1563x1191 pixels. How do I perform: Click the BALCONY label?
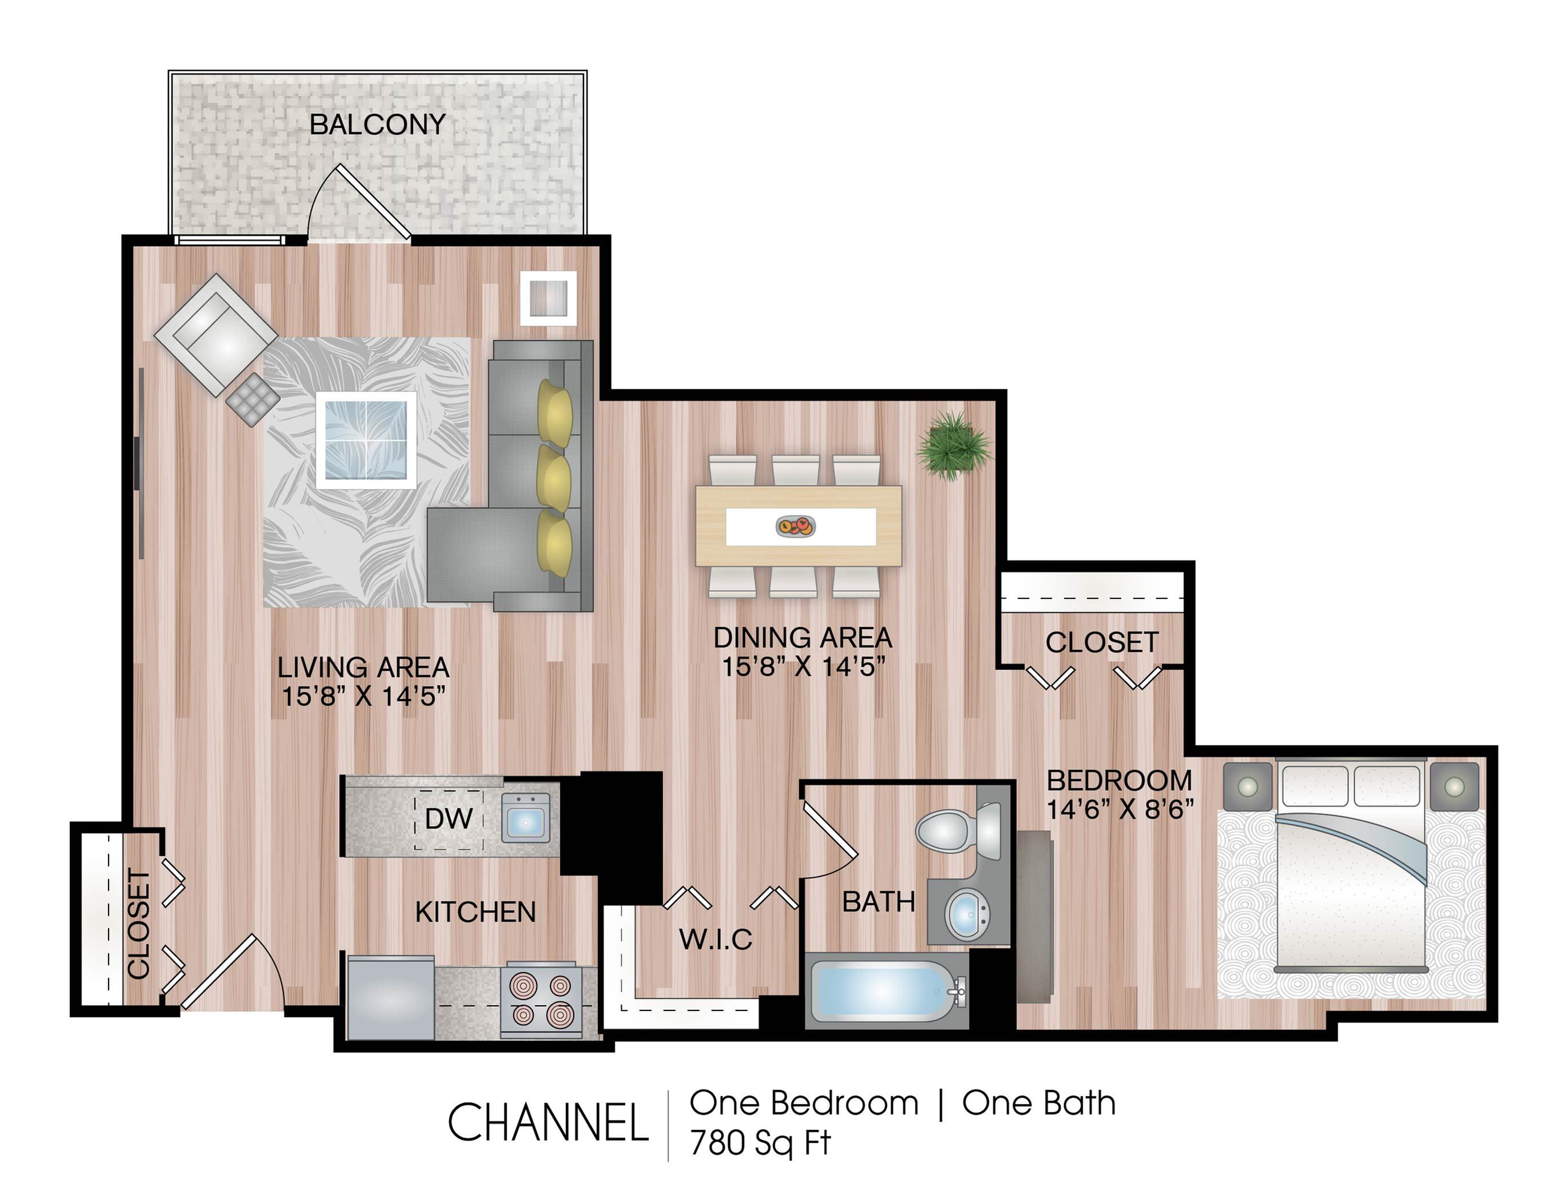[x=377, y=125]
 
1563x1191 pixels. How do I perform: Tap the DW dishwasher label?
[x=448, y=818]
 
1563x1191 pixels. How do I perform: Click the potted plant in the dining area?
[x=953, y=445]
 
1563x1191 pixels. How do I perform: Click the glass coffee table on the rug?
[x=366, y=439]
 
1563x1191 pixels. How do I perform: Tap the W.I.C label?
[x=715, y=940]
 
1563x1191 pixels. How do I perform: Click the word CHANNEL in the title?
[x=548, y=1122]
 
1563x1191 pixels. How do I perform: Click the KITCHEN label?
[x=475, y=912]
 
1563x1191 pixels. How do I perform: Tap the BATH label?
[x=878, y=902]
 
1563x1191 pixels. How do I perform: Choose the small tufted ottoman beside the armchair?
[x=253, y=400]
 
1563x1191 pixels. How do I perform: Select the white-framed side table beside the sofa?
[x=548, y=298]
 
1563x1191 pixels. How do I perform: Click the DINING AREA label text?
[x=802, y=637]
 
